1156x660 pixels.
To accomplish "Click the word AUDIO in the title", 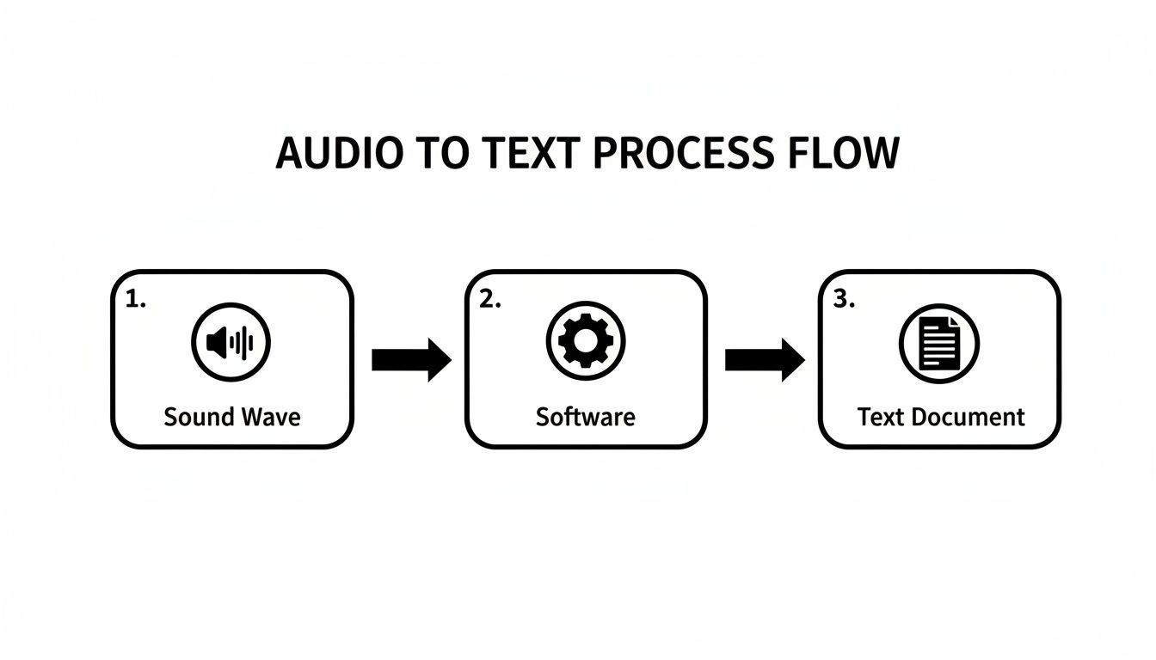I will (338, 154).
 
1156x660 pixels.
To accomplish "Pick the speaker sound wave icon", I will (231, 342).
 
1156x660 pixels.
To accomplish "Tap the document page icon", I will (939, 343).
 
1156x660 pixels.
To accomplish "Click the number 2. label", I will (489, 300).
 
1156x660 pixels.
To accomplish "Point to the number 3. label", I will (844, 299).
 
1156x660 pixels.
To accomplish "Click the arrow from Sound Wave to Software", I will (410, 360).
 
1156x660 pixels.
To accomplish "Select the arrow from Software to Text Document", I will (764, 360).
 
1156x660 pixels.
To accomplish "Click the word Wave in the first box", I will (270, 418).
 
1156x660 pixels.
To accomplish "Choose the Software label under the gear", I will (585, 417).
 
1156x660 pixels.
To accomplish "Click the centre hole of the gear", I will (586, 339).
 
